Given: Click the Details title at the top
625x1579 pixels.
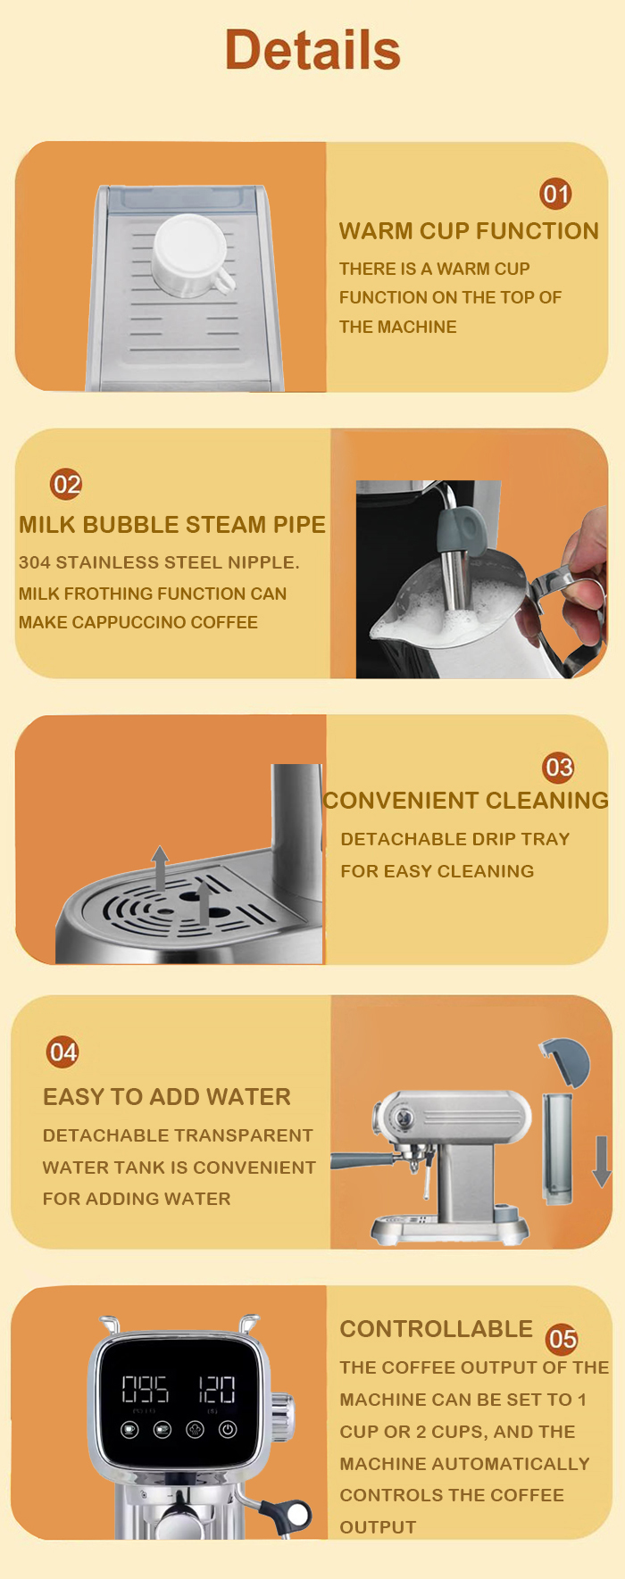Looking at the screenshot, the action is pos(312,49).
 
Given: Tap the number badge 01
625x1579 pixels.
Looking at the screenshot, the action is pos(555,194).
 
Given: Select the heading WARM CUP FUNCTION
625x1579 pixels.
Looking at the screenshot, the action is pos(469,231).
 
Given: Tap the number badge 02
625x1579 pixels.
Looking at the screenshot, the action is pos(66,484).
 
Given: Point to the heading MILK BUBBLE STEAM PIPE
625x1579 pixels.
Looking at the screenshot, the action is pos(172,524).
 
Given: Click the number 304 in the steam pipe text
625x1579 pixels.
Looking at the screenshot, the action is pos(35,562).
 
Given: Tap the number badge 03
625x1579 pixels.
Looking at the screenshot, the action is pos(559,767).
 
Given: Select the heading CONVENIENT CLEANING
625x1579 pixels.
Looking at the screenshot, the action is pos(465,800).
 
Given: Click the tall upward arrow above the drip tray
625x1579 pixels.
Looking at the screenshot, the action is pos(160,868).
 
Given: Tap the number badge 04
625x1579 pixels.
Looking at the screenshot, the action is pos(62,1051).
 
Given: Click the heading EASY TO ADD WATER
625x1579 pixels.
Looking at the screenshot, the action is pos(167,1096).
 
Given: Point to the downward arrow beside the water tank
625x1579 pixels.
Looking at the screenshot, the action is pos(602,1160).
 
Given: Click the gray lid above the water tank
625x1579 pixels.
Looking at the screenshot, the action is pos(566,1060).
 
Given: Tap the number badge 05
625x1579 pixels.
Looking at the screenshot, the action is pos(562,1339).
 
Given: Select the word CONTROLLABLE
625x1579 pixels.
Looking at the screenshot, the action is pos(436,1328).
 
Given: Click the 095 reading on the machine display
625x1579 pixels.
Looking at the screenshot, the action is pos(145,1389).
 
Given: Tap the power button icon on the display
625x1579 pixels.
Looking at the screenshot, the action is pos(228,1429).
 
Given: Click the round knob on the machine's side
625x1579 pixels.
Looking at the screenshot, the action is pos(281,1416).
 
